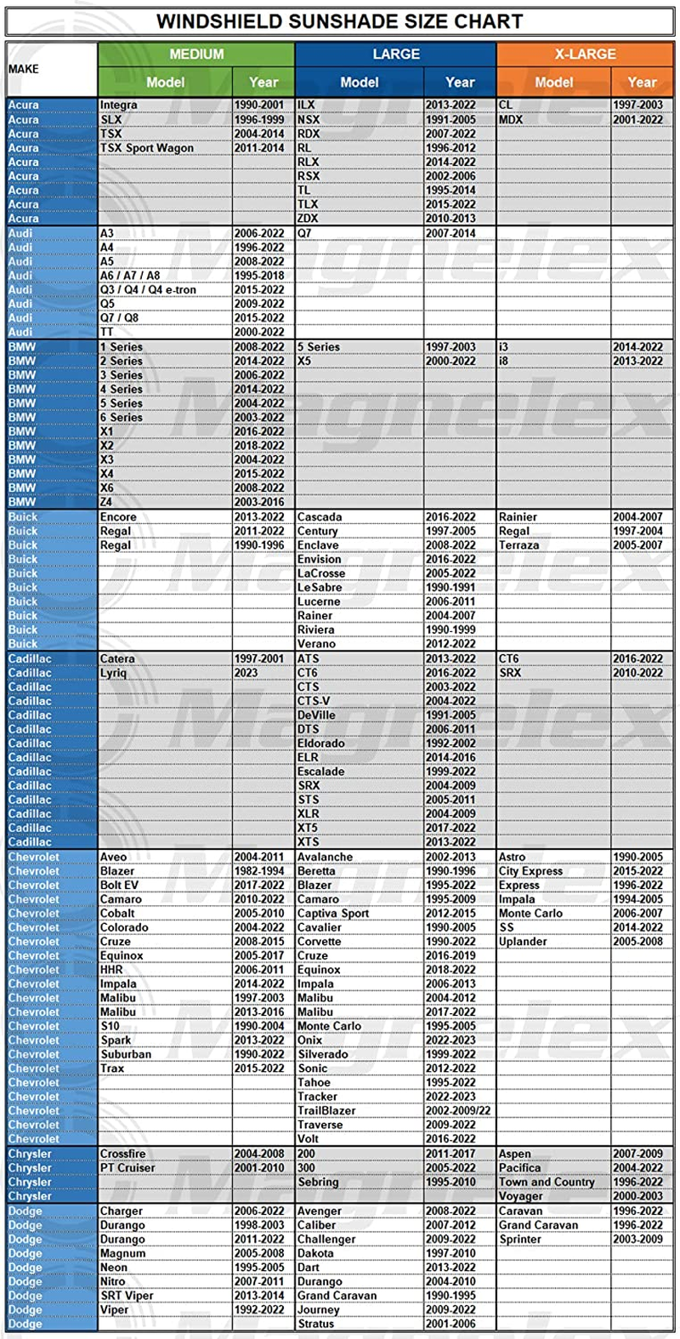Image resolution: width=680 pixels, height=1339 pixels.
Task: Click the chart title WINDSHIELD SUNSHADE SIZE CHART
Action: tap(339, 21)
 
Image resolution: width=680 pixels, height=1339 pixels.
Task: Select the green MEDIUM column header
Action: tap(196, 54)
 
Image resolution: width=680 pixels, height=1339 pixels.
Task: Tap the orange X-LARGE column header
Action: tap(585, 54)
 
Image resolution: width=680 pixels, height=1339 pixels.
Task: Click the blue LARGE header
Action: tap(396, 54)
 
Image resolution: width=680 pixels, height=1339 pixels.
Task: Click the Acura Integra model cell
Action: tap(119, 105)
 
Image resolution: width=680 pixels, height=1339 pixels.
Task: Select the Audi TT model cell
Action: tap(107, 333)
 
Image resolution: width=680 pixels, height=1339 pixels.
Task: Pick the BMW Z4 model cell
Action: tap(106, 502)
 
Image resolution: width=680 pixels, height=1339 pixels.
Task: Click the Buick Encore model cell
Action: tap(118, 517)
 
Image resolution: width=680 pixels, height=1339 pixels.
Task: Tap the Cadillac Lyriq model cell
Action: tap(113, 673)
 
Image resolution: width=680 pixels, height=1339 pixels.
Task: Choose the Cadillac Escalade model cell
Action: tap(321, 772)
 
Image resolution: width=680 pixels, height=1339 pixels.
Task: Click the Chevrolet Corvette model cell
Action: tap(319, 942)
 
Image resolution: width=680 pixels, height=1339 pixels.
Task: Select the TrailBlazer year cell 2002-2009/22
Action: tap(458, 1111)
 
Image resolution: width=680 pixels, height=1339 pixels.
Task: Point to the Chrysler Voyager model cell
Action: tap(520, 1196)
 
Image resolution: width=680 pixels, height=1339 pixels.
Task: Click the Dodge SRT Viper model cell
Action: tap(127, 1296)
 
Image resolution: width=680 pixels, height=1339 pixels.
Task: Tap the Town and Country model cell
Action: tap(547, 1182)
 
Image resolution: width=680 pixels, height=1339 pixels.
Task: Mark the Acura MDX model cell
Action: tap(511, 120)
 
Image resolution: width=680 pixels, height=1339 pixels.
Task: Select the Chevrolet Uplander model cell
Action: tap(523, 942)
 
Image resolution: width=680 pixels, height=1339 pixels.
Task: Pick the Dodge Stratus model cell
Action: tap(316, 1324)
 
